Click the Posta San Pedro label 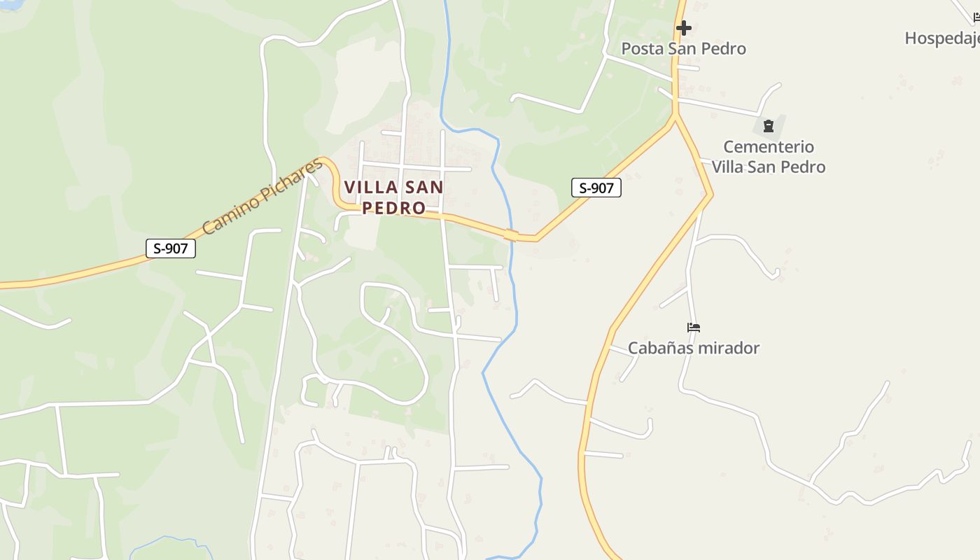[x=683, y=48]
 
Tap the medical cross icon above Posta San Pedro [x=684, y=28]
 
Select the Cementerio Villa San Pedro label [x=769, y=157]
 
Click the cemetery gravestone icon [x=769, y=127]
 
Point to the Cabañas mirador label [x=693, y=348]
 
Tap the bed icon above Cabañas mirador [x=694, y=327]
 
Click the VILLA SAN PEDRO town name [x=394, y=197]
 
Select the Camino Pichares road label [x=262, y=197]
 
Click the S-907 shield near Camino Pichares [x=171, y=248]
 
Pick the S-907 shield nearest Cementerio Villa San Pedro [x=596, y=188]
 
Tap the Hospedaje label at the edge [x=941, y=38]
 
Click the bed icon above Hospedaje [x=975, y=17]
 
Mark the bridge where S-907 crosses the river [x=511, y=235]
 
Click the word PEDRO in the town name [x=394, y=208]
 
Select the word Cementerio [x=768, y=147]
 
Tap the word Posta [x=641, y=48]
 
